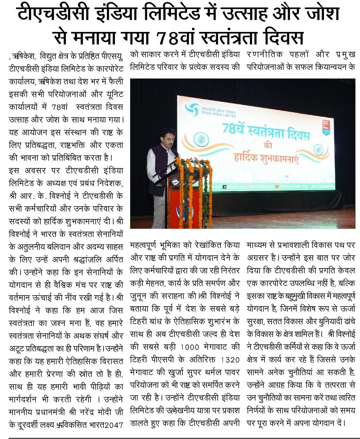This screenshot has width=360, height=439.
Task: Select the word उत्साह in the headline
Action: point(239,13)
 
